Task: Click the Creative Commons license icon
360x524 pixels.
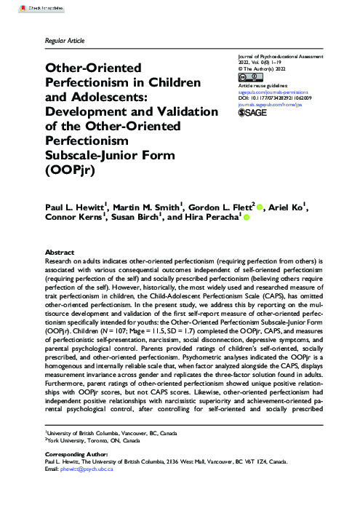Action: coord(256,77)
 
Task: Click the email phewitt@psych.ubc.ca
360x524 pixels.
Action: coord(82,490)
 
